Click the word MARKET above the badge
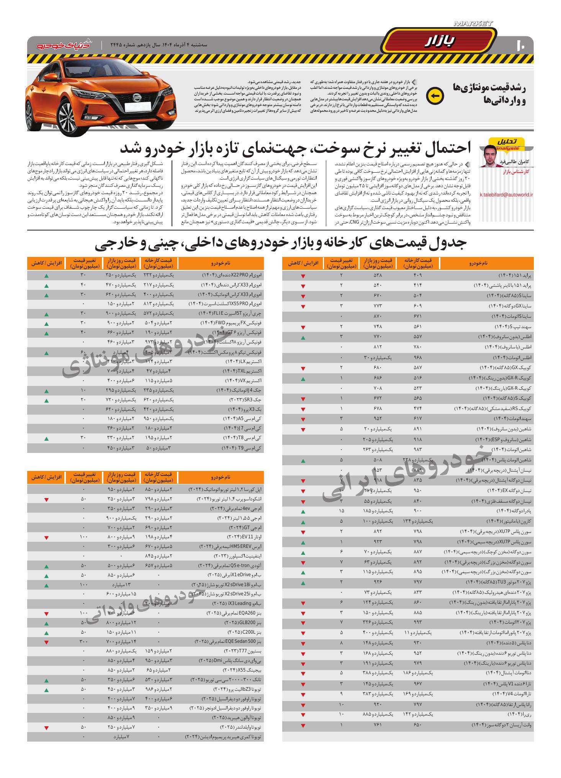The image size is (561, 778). pos(473,24)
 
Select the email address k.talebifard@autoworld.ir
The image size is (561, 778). pos(506,194)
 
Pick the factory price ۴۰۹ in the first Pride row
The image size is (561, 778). pos(417,276)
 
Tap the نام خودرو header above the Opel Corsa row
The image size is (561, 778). pos(221,477)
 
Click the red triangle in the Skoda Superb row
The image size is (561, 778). pos(46,500)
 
